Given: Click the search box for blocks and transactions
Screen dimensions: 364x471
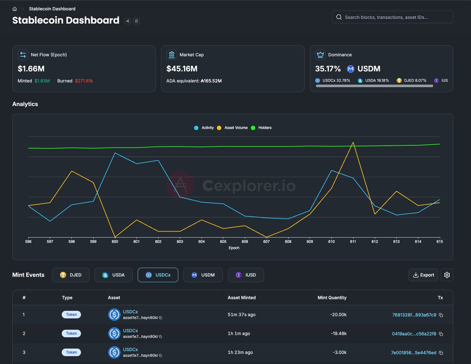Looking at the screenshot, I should point(392,17).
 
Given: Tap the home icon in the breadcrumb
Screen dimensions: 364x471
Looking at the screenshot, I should point(15,9).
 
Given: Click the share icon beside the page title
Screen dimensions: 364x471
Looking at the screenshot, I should point(128,21).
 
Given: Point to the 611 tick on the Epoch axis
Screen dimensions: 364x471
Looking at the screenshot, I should point(353,242).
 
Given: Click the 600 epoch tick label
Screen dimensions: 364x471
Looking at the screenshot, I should point(115,242).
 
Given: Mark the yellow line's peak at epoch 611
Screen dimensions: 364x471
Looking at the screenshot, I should point(353,143).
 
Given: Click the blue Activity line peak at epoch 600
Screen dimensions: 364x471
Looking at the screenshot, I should point(115,153).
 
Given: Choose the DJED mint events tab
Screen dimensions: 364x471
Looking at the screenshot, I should point(71,275).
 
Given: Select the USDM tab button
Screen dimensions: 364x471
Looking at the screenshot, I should point(203,275).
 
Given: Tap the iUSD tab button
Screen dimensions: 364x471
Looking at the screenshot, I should point(246,275).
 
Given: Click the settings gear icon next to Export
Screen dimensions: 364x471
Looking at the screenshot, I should point(447,275).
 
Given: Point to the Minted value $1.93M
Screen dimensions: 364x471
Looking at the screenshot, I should point(42,81).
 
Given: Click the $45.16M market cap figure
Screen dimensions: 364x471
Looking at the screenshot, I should point(182,69).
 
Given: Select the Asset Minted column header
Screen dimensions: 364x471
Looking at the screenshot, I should point(241,298).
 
